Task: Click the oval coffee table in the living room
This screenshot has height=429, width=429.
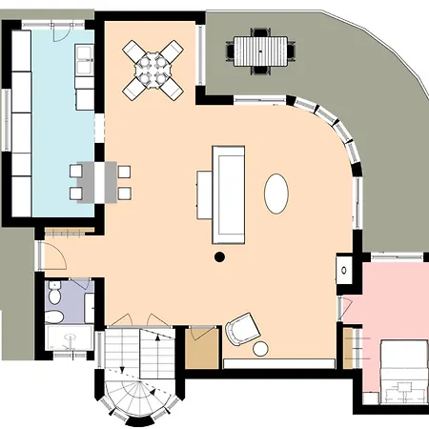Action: pyautogui.click(x=276, y=193)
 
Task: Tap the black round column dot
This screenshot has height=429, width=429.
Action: pyautogui.click(x=219, y=255)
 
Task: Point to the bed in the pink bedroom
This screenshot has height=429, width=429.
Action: pyautogui.click(x=403, y=367)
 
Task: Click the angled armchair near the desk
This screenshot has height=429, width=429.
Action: pyautogui.click(x=241, y=330)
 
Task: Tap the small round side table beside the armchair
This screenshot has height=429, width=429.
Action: pyautogui.click(x=261, y=349)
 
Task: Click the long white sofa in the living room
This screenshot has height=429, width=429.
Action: pyautogui.click(x=229, y=193)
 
